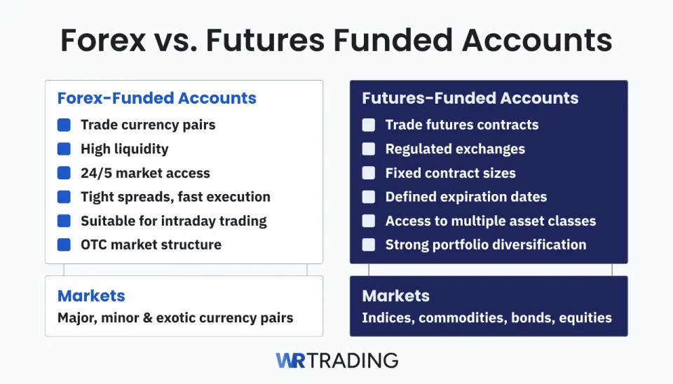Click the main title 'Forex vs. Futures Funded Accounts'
[x=336, y=41]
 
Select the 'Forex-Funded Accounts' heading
[x=157, y=98]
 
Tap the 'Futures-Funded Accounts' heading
[x=470, y=98]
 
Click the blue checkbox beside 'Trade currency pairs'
[x=64, y=125]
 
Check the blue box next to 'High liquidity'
[x=64, y=149]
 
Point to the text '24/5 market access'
[x=145, y=173]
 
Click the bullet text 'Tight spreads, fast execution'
[x=175, y=197]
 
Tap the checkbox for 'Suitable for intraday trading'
[x=64, y=221]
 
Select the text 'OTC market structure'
[x=151, y=245]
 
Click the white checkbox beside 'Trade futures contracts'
[x=369, y=125]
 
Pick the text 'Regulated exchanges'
[x=455, y=149]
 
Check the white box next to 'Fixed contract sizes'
[x=369, y=173]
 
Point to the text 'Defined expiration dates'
[x=466, y=197]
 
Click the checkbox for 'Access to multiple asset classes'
[x=369, y=221]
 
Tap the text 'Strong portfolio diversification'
[x=486, y=245]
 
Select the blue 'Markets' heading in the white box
[x=91, y=296]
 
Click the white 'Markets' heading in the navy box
[x=396, y=296]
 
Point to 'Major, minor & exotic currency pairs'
[x=175, y=318]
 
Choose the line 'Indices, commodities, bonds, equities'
[x=487, y=318]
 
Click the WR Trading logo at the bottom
[x=336, y=360]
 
